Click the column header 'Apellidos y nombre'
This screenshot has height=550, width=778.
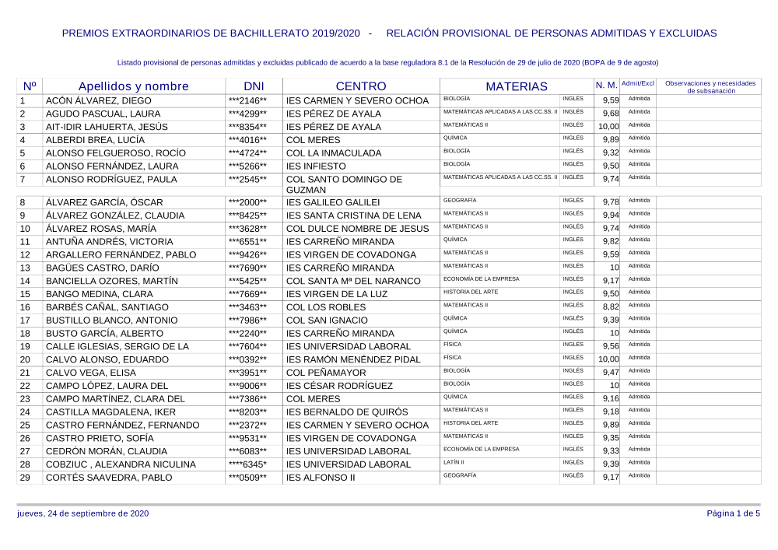(133, 86)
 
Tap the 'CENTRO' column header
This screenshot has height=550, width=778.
(360, 86)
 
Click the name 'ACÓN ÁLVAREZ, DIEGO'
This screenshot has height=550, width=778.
(99, 101)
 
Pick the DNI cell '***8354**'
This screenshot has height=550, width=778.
(247, 127)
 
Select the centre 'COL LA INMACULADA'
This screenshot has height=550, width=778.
(334, 153)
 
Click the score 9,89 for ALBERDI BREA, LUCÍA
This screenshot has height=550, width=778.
(610, 140)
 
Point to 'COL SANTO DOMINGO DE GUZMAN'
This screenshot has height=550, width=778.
(344, 184)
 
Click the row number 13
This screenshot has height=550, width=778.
(25, 268)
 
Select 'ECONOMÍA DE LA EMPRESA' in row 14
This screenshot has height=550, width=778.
(481, 279)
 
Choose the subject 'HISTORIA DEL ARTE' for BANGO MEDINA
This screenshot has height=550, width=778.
(471, 292)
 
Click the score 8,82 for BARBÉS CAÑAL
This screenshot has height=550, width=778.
(610, 307)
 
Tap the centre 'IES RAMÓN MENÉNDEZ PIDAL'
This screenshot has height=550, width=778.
(353, 359)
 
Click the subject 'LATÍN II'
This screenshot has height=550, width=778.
(454, 462)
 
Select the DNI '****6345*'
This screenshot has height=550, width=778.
(247, 464)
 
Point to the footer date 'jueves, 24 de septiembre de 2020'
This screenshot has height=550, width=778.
(82, 513)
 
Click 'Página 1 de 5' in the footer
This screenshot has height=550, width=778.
(733, 513)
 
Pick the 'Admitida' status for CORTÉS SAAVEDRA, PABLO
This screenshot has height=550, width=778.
(640, 475)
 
